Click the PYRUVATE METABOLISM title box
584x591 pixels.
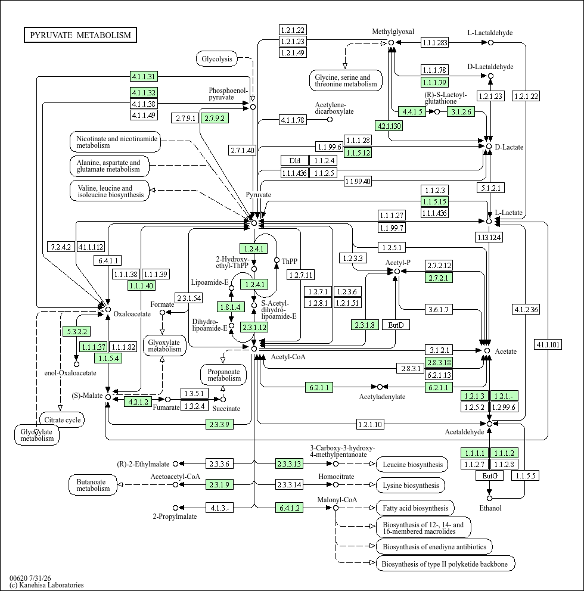[80, 35]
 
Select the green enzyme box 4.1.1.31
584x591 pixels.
[144, 76]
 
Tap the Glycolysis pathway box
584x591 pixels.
[217, 59]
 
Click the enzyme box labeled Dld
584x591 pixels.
[295, 161]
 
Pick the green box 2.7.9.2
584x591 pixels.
[215, 118]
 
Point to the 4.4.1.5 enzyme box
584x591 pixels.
[412, 111]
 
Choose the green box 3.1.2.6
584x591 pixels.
[461, 111]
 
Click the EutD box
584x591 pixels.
[396, 325]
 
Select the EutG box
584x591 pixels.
[490, 475]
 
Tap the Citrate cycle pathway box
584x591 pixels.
[62, 420]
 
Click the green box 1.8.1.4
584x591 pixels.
[231, 307]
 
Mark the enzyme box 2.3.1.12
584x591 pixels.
[254, 327]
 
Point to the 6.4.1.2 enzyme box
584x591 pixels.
[290, 508]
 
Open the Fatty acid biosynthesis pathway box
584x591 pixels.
[415, 508]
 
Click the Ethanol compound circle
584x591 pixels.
[490, 498]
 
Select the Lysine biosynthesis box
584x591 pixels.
[411, 486]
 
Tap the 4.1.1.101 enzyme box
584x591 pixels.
[548, 344]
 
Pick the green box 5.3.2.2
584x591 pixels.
[76, 331]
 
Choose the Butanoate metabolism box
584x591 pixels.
[93, 485]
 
